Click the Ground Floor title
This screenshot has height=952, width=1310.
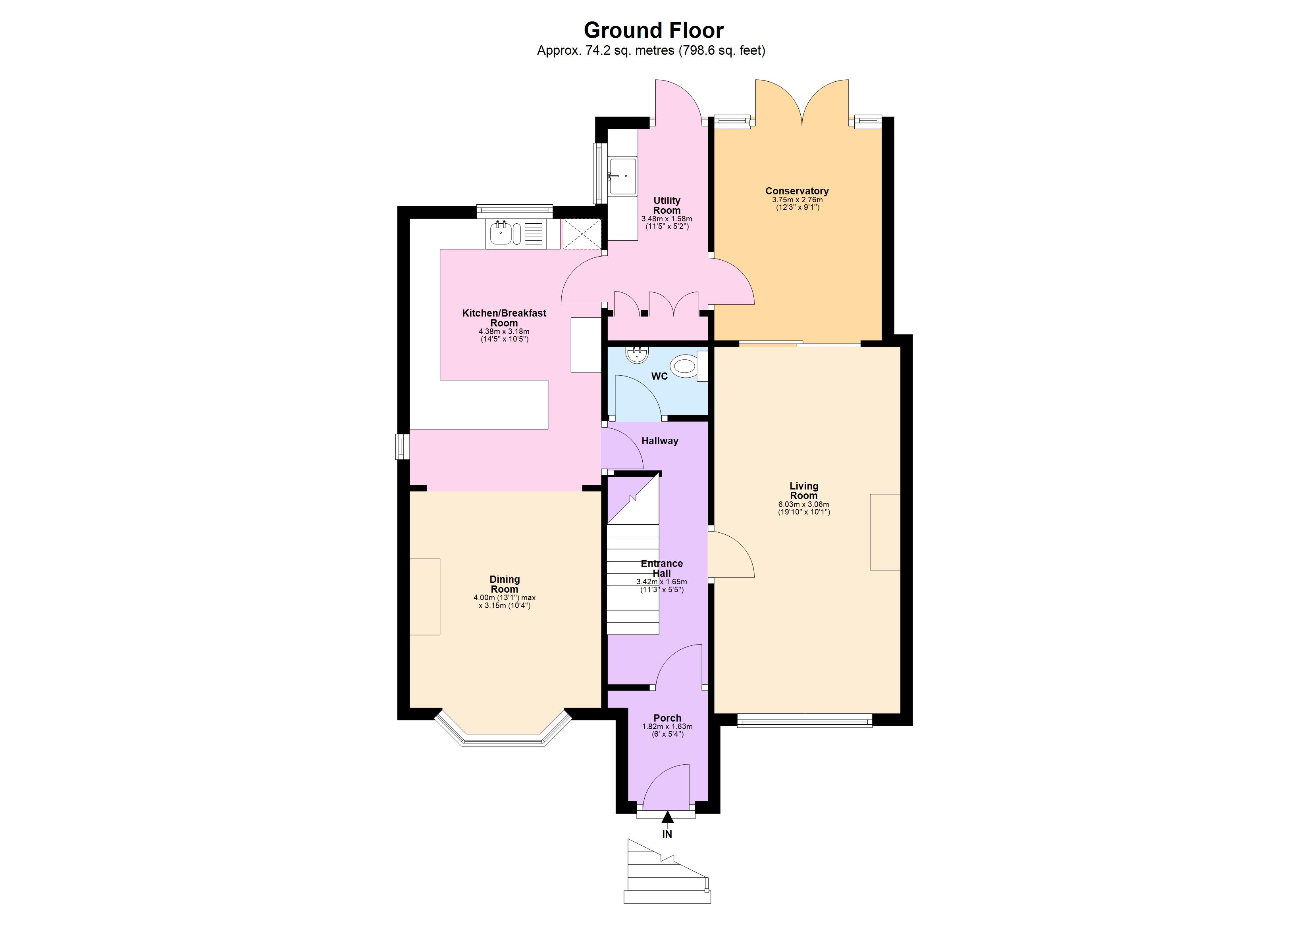(653, 30)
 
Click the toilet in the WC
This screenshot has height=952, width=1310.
(684, 367)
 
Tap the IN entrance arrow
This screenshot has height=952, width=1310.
(667, 818)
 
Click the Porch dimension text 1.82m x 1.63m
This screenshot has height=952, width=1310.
(667, 727)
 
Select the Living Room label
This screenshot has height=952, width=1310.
(803, 491)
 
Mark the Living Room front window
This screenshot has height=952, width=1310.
(804, 720)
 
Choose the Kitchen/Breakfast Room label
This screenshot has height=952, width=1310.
(504, 317)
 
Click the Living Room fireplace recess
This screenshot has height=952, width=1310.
(885, 532)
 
